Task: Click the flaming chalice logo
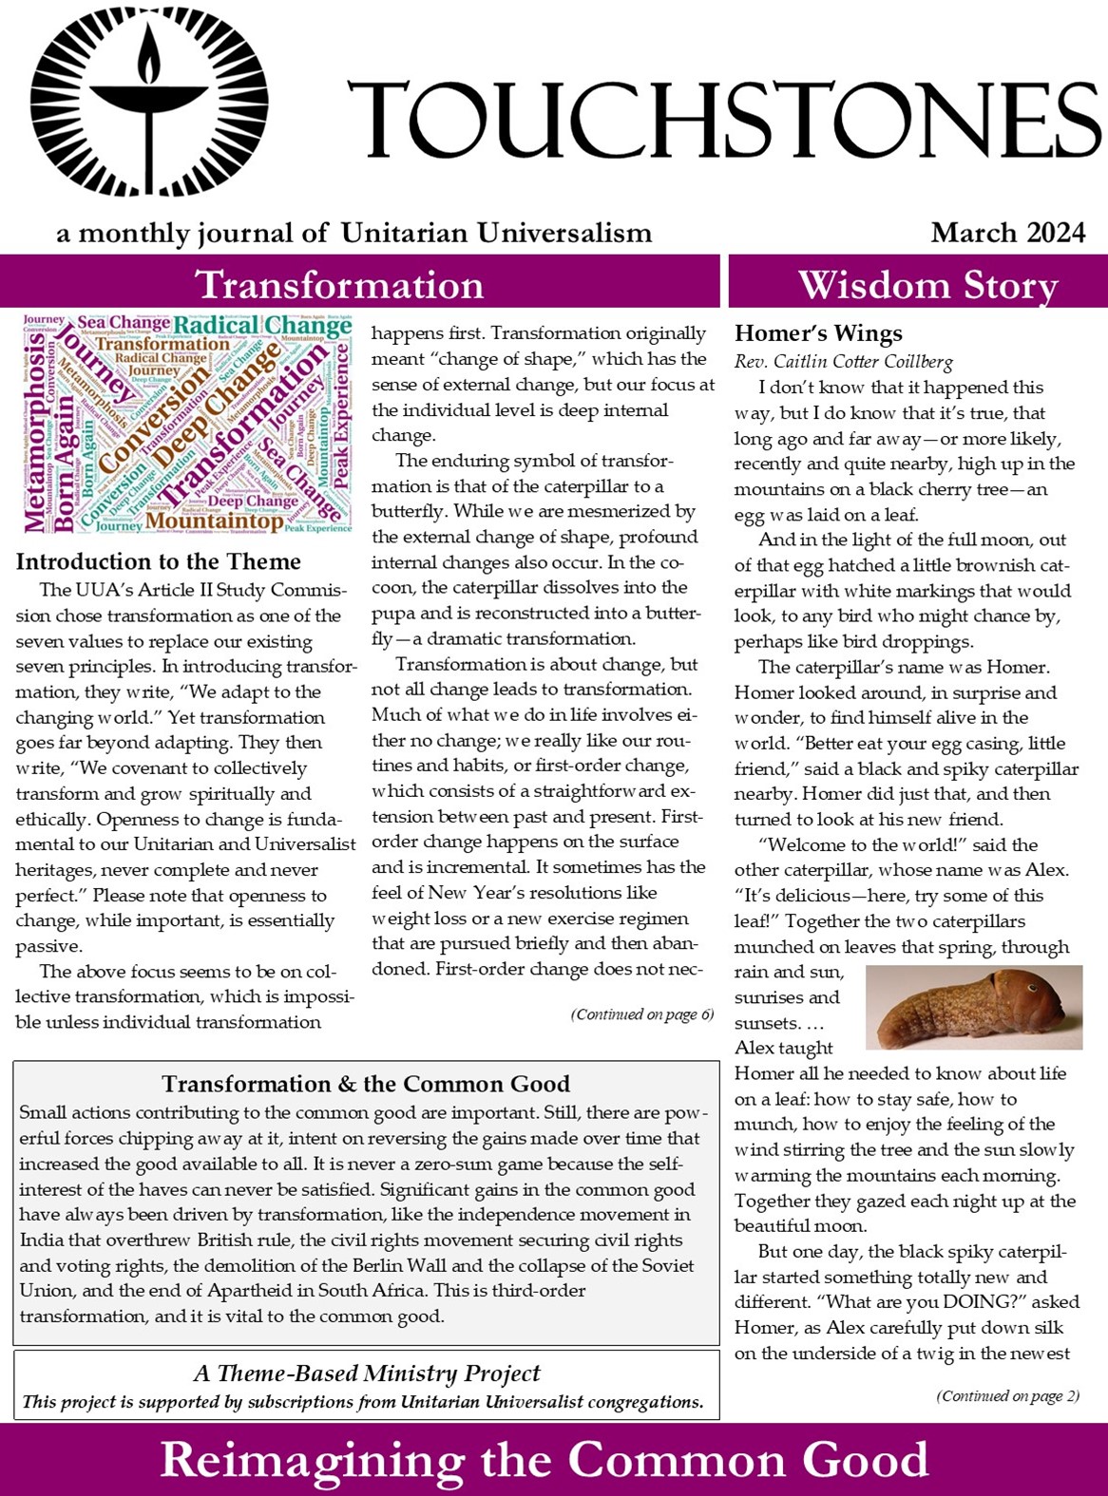point(148,101)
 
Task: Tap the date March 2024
point(1007,233)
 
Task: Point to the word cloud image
point(186,424)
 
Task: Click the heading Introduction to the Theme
point(158,561)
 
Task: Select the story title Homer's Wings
point(818,333)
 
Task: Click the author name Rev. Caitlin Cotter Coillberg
point(843,361)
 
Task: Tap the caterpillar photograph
point(973,1007)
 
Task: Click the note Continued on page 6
point(642,1014)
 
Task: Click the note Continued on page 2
point(1007,1395)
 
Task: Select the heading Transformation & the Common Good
point(366,1084)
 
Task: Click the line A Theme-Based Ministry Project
point(367,1373)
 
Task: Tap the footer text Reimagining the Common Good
point(544,1460)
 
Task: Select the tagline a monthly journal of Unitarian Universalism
point(353,233)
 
